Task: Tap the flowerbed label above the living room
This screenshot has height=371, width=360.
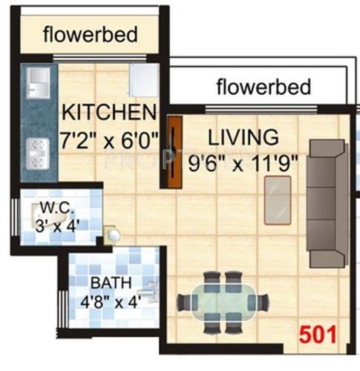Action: pos(263,87)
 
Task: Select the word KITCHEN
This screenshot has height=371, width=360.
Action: pos(109,114)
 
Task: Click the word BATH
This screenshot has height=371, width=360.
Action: pos(106,283)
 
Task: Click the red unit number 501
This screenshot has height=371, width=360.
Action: pos(318,333)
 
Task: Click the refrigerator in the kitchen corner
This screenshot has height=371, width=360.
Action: pos(143,79)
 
